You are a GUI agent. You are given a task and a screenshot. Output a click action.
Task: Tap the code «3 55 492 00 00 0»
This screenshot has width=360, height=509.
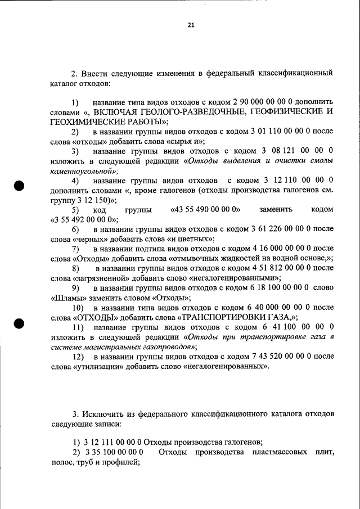[x=79, y=219]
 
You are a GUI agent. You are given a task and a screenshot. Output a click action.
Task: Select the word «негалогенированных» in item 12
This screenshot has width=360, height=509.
[x=228, y=367]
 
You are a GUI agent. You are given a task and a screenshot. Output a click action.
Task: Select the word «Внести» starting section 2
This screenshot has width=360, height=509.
[x=92, y=73]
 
